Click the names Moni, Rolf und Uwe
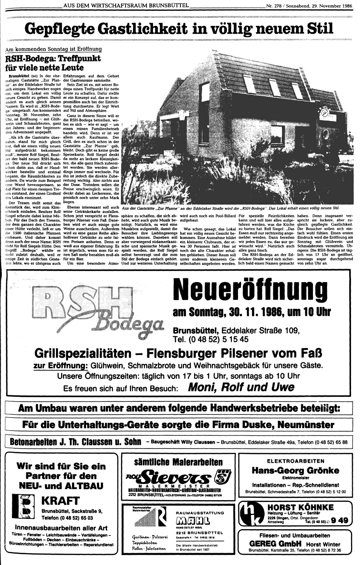coord(241,387)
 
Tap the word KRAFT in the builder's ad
coord(61,500)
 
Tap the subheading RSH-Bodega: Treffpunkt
coord(53,58)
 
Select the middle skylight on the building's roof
coord(274,85)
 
